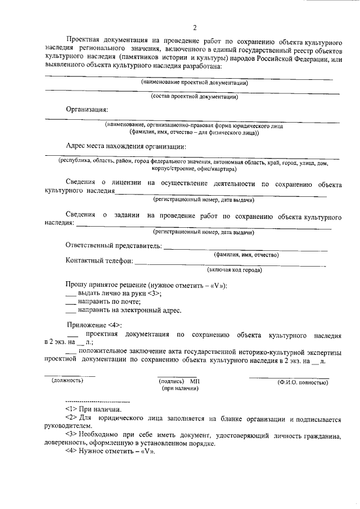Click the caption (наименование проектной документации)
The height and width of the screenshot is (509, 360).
pyautogui.click(x=195, y=83)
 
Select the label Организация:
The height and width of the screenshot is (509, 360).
pyautogui.click(x=87, y=110)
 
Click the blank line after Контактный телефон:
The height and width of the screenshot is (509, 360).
pyautogui.click(x=231, y=262)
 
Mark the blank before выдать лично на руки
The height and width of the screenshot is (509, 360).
pyautogui.click(x=71, y=294)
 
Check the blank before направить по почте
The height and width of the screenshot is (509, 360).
pyautogui.click(x=71, y=302)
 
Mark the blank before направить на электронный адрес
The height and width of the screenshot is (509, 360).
pyautogui.click(x=71, y=310)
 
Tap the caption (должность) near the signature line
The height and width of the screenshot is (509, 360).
pyautogui.click(x=67, y=381)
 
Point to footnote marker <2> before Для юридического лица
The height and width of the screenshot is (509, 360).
pyautogui.click(x=71, y=420)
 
